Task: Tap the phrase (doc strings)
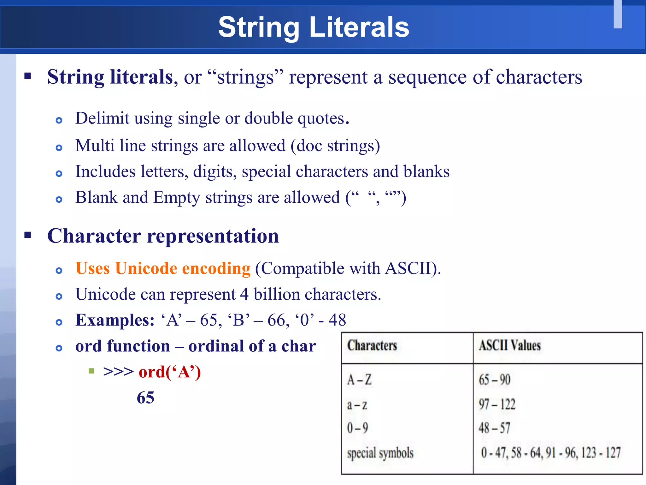pyautogui.click(x=335, y=146)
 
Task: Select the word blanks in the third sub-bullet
pyautogui.click(x=426, y=171)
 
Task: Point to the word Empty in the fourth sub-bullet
pyautogui.click(x=177, y=198)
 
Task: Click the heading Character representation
pyautogui.click(x=163, y=236)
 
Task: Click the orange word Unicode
pyautogui.click(x=146, y=269)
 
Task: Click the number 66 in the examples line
pyautogui.click(x=276, y=320)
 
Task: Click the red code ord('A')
pyautogui.click(x=170, y=372)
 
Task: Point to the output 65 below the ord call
pyautogui.click(x=145, y=398)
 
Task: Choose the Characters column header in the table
pyautogui.click(x=372, y=345)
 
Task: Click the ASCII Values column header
pyautogui.click(x=509, y=345)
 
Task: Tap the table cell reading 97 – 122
pyautogui.click(x=497, y=404)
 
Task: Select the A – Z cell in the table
pyautogui.click(x=359, y=380)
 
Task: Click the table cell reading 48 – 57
pyautogui.click(x=494, y=428)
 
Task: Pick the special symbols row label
pyautogui.click(x=380, y=453)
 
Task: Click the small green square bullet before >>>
pyautogui.click(x=91, y=371)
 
